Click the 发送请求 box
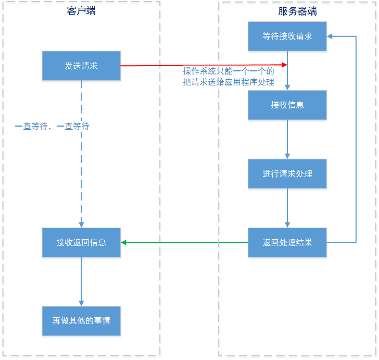[x=81, y=66]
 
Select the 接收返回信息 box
[x=81, y=242]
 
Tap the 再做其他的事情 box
[x=81, y=320]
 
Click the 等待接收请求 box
[x=287, y=36]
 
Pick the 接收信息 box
[x=287, y=105]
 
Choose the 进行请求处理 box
[x=287, y=173]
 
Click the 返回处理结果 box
[x=287, y=242]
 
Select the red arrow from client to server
[x=203, y=65]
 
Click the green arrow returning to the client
[x=185, y=242]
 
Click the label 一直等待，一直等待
[x=52, y=126]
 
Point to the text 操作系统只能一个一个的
[x=228, y=71]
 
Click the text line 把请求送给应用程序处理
[x=228, y=82]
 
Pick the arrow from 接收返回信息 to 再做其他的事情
[x=81, y=281]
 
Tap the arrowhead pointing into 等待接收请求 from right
[x=330, y=36]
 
